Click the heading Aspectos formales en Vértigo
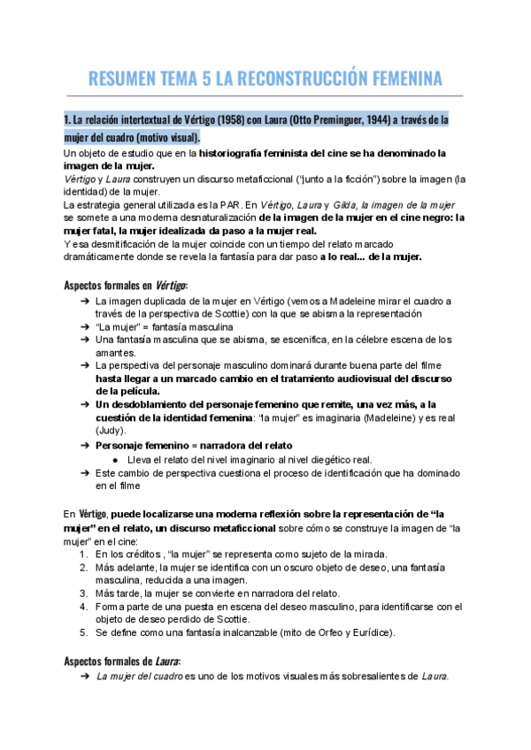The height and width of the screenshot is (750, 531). point(126,285)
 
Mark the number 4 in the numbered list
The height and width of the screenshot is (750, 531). point(83,607)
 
